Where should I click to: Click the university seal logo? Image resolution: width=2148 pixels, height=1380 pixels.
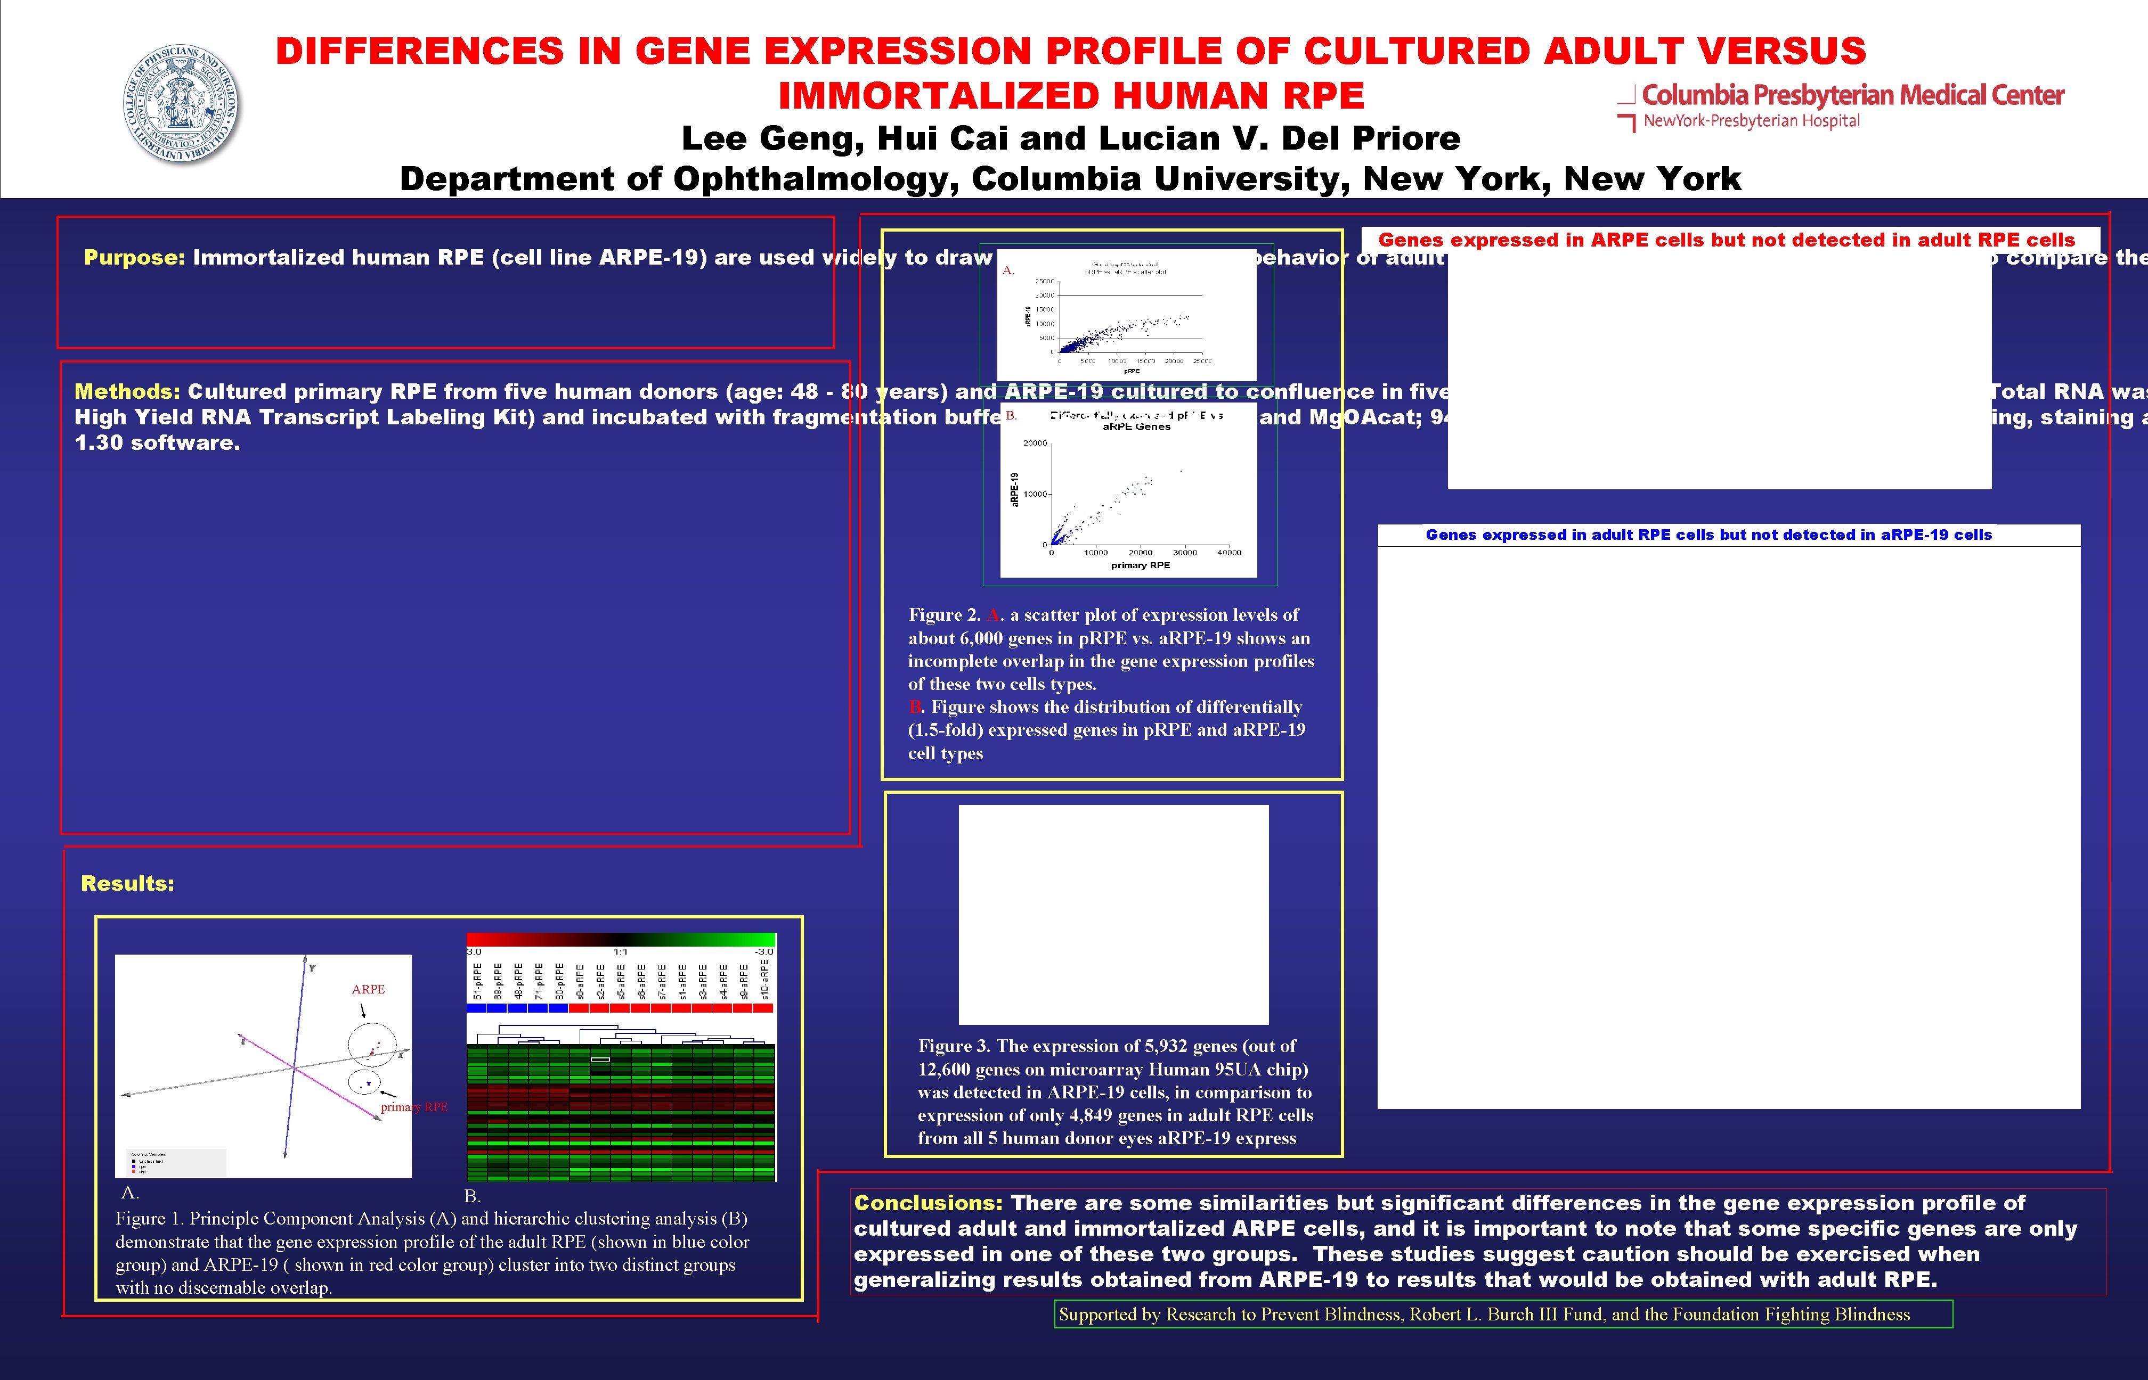click(182, 104)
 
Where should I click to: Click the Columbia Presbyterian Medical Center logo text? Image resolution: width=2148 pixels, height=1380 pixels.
click(1852, 95)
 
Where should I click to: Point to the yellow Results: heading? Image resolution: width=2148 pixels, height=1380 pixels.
click(127, 884)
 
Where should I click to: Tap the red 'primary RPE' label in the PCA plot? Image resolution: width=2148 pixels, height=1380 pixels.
click(413, 1107)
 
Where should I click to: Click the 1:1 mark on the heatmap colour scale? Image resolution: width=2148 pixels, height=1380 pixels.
click(621, 951)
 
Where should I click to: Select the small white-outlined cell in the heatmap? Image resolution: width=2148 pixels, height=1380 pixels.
click(600, 1059)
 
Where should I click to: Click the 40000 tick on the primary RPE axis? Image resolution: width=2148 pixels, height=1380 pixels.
click(1229, 553)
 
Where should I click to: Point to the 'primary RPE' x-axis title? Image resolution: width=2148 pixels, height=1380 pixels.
click(1141, 565)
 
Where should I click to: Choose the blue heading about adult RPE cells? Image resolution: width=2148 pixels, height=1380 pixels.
click(1708, 535)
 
